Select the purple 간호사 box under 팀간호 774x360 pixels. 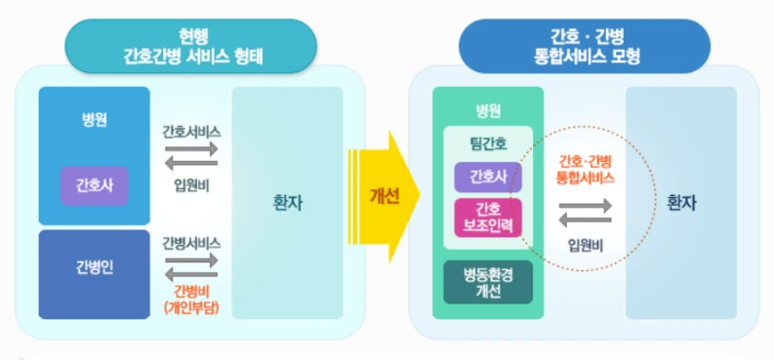click(x=488, y=177)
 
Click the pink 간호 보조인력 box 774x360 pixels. click(x=488, y=217)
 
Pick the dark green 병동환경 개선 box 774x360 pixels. click(x=488, y=282)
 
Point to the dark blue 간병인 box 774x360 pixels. click(x=95, y=268)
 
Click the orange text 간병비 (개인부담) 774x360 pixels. click(x=191, y=299)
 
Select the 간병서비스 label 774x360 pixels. click(x=191, y=242)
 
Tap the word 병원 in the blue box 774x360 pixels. click(x=95, y=120)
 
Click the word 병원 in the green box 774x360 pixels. click(x=487, y=109)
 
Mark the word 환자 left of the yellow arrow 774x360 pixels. click(x=288, y=204)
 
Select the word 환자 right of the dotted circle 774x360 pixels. click(x=680, y=204)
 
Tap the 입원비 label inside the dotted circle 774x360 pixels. click(x=586, y=244)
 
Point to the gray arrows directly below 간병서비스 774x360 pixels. click(x=191, y=266)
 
